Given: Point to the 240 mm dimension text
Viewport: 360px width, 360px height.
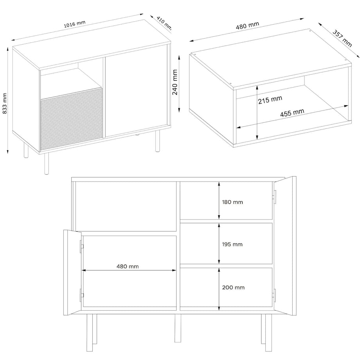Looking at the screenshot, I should [x=175, y=82].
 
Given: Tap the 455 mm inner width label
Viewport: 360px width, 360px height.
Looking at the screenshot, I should [x=292, y=113].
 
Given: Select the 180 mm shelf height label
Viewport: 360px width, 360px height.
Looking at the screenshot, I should [x=232, y=202].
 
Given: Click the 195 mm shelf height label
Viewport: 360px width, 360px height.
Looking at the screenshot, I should [x=232, y=245].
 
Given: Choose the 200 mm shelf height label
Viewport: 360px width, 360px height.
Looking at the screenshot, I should [x=234, y=287].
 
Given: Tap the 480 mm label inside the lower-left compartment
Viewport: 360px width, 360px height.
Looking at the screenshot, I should [x=128, y=266].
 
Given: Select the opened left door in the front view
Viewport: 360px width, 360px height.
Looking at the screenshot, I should [x=72, y=273].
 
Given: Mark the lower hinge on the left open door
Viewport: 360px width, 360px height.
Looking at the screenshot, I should [x=81, y=295].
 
